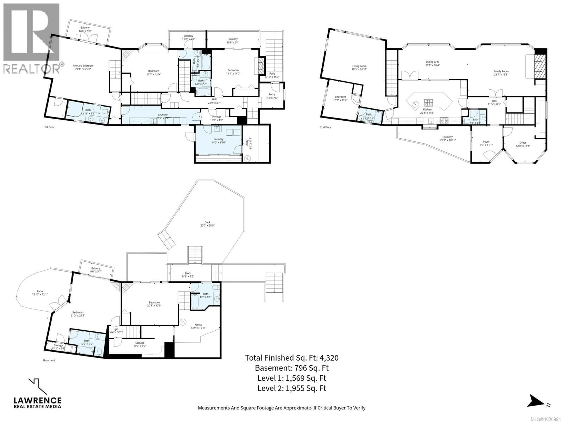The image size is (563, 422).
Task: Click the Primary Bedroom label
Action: (x=83, y=66)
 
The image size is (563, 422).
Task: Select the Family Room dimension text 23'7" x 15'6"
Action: (x=501, y=75)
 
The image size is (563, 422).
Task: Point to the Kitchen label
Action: (x=427, y=109)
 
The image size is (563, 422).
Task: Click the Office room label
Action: (x=523, y=143)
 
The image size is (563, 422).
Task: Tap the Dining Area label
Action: (x=432, y=62)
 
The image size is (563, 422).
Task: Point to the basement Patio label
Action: (x=40, y=291)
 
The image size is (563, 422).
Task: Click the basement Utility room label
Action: (x=199, y=325)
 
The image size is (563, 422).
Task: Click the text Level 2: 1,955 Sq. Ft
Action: (x=292, y=388)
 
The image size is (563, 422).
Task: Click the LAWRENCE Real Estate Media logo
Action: (x=37, y=397)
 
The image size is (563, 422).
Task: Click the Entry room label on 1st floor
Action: (x=272, y=94)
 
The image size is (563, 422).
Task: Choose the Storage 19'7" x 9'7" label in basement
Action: (x=140, y=343)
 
